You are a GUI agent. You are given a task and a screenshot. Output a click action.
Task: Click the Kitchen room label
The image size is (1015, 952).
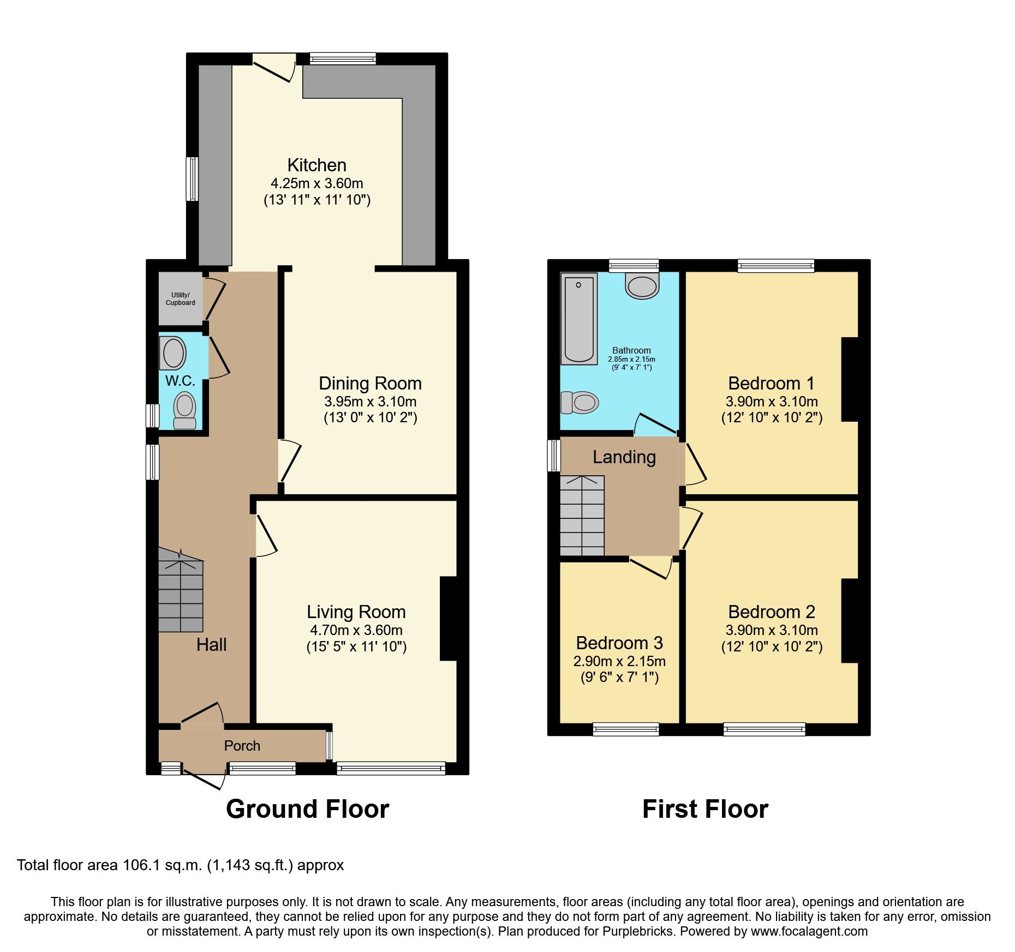point(317,165)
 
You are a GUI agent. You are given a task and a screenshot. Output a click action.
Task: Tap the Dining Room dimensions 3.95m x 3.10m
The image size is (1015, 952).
point(370,402)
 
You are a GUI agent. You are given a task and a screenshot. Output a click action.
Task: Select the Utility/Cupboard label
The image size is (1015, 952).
point(180,299)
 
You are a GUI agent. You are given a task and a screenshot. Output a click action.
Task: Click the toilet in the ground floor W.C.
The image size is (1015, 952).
point(184,410)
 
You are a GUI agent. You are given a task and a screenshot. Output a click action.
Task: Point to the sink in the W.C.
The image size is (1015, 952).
point(174,352)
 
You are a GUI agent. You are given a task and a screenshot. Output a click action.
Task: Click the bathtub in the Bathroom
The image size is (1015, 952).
point(579,319)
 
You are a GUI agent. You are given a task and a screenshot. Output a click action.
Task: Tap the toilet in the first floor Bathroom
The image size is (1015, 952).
point(581,403)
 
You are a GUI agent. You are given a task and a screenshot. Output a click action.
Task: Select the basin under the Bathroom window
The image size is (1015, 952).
point(642,286)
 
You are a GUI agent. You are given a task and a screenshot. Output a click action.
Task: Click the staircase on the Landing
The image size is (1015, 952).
point(582,516)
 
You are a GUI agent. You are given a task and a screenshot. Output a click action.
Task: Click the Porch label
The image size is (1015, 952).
point(242,746)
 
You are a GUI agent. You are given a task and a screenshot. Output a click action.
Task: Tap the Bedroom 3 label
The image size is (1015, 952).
point(619,643)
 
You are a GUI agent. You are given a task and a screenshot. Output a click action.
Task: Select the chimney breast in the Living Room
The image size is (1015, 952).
point(448,619)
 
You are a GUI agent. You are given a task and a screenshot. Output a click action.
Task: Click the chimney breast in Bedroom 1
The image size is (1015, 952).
point(850,380)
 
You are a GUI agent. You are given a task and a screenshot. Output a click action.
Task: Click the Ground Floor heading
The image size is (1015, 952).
point(307,809)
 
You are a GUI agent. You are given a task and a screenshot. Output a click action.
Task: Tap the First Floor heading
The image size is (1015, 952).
point(705,809)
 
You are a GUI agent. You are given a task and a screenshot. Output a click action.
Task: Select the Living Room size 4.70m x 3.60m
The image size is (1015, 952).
point(356,631)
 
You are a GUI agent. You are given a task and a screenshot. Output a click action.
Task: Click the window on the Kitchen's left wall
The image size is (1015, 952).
point(192,179)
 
